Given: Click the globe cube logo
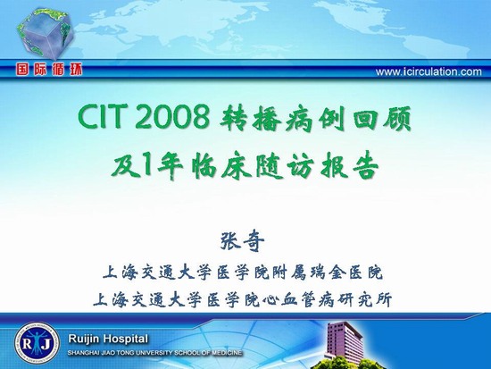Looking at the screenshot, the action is point(46,33).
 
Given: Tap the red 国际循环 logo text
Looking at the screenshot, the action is point(49,70).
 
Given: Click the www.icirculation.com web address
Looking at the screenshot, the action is point(429,71).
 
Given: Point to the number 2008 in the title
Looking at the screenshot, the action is point(173,118).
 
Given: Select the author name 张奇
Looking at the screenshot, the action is point(242,241).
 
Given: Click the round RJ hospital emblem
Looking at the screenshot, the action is point(37,343).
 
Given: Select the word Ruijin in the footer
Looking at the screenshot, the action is point(84,340).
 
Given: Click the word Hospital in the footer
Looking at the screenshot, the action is point(125,339).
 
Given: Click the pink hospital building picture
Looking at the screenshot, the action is point(344,342).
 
